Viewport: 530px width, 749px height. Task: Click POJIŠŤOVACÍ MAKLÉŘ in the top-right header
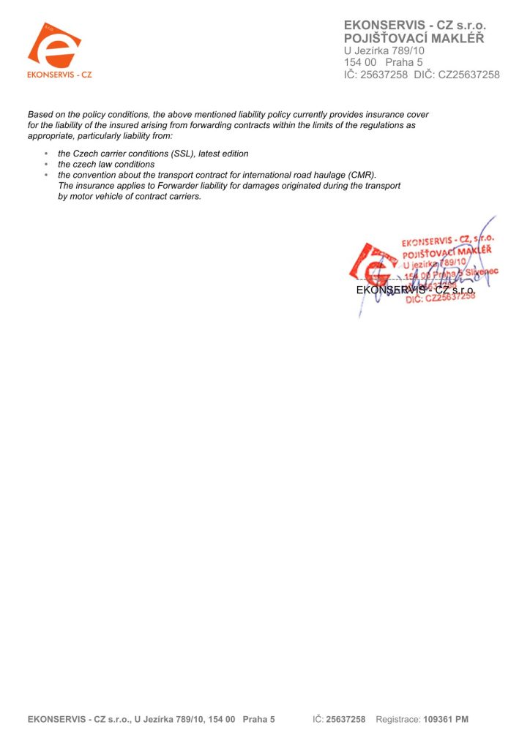pyautogui.click(x=414, y=38)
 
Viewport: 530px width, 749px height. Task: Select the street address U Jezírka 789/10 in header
pyautogui.click(x=384, y=50)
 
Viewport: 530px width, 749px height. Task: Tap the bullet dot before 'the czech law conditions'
pyautogui.click(x=46, y=165)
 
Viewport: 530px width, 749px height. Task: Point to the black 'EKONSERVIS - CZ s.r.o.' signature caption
pyautogui.click(x=415, y=290)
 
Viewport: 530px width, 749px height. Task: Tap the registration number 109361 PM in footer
pyautogui.click(x=446, y=720)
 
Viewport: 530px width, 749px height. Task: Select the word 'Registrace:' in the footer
pyautogui.click(x=398, y=720)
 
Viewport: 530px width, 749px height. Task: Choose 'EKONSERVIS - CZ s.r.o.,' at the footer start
pyautogui.click(x=79, y=720)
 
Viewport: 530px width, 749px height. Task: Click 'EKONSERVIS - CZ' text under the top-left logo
pyautogui.click(x=59, y=75)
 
